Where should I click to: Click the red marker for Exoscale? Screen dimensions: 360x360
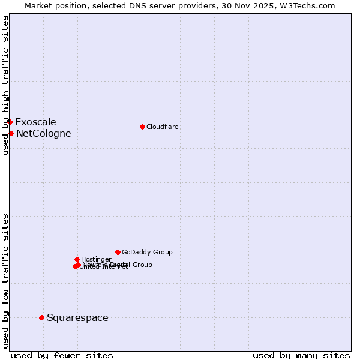10,122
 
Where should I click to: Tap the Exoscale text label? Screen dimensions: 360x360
35,122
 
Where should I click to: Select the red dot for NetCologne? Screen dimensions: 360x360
11,133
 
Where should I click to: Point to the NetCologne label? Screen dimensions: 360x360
43,134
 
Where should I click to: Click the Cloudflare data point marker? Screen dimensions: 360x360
142,127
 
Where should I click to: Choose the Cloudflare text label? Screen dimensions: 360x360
162,127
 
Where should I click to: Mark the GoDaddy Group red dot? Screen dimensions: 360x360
118,252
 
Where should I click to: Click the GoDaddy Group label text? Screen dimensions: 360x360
147,253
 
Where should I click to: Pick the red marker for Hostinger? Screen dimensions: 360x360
77,259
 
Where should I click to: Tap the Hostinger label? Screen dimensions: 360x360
96,260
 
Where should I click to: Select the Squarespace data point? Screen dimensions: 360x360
41,317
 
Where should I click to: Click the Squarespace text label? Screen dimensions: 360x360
77,318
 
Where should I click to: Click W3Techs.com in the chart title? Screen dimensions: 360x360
304,5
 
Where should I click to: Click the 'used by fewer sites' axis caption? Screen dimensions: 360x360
62,355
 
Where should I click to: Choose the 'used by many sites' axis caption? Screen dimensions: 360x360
301,355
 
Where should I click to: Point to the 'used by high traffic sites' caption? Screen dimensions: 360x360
5,85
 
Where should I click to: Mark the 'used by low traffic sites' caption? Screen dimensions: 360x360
5,280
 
